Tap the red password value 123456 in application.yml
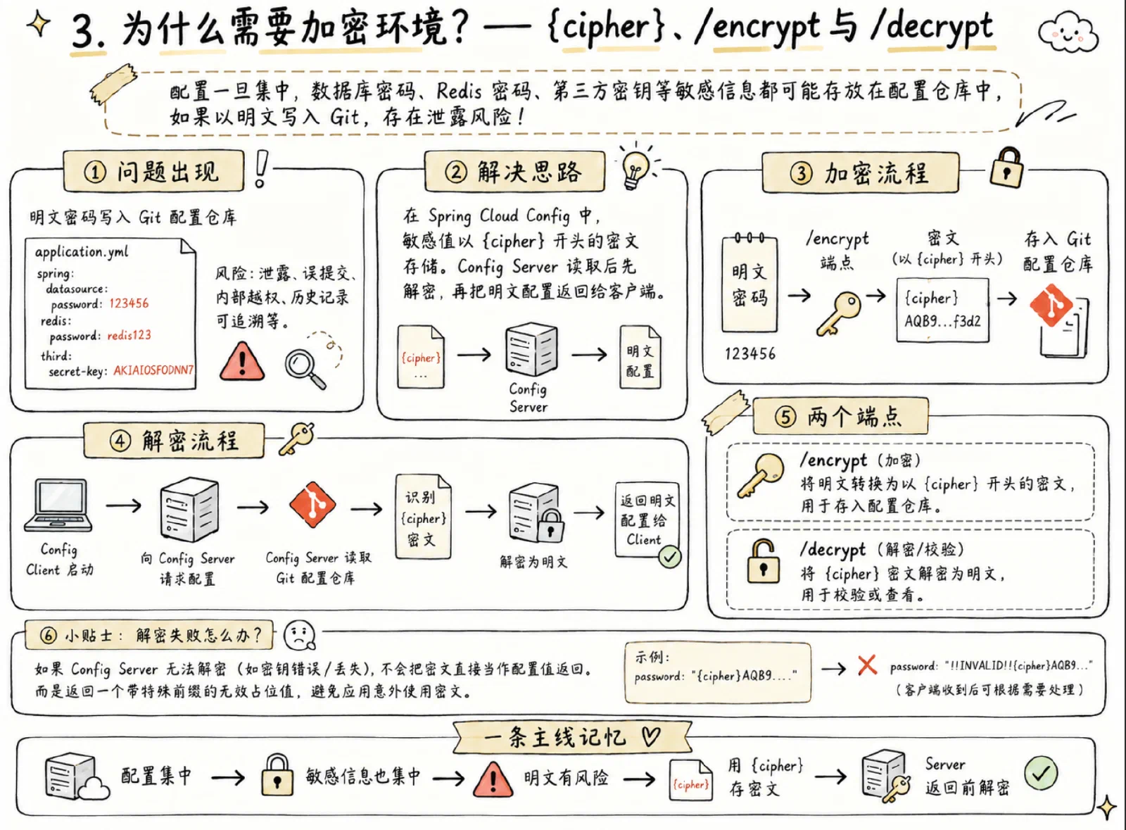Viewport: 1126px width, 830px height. [129, 303]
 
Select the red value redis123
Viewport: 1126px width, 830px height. [129, 335]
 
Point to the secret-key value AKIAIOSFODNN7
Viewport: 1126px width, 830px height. [153, 370]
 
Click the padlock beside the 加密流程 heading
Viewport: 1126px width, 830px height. [1007, 168]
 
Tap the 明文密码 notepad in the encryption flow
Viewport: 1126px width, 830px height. [749, 284]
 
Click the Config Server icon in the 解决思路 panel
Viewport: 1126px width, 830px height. [532, 349]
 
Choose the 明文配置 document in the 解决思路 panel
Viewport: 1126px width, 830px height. [640, 356]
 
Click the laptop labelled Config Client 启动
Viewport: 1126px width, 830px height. [58, 505]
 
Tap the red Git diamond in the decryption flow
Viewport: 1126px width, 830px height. [312, 505]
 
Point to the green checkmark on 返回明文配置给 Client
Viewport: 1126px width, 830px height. [669, 557]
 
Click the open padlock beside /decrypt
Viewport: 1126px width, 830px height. [763, 562]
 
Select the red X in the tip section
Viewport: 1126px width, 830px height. [867, 665]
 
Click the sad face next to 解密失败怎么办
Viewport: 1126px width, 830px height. [300, 636]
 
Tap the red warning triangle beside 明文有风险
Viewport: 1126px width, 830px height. [493, 779]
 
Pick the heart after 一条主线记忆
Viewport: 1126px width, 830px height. [651, 737]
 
